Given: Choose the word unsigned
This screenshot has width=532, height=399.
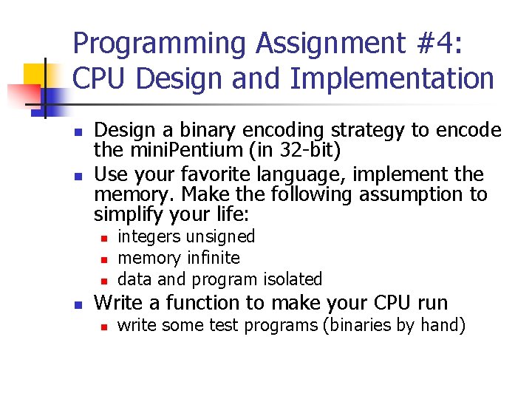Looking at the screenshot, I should coord(220,236).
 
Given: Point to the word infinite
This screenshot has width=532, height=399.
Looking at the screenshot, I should coord(214,258).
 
